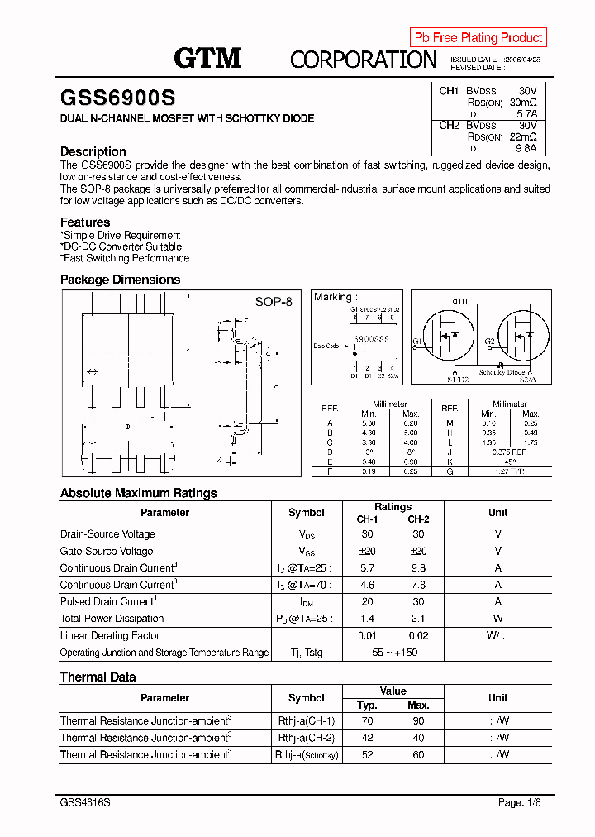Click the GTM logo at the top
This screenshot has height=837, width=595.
click(x=207, y=57)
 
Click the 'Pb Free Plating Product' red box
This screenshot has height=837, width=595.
click(x=478, y=37)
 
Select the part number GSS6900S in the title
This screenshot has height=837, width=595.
click(x=117, y=97)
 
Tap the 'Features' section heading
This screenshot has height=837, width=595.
click(x=85, y=222)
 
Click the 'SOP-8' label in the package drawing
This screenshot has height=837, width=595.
click(x=274, y=302)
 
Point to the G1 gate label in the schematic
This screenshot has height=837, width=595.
click(x=418, y=341)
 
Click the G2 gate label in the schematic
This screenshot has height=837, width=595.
click(x=490, y=341)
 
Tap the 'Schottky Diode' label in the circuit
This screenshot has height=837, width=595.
click(x=502, y=372)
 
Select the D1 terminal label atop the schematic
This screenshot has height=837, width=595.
click(x=463, y=302)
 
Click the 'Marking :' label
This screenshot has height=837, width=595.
click(x=336, y=297)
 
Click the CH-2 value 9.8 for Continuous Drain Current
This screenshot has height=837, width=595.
click(x=418, y=568)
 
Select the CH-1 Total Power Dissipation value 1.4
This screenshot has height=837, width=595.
click(x=367, y=619)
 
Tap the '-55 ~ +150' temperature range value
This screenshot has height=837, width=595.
click(x=393, y=653)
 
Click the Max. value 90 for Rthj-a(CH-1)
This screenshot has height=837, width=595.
click(x=418, y=721)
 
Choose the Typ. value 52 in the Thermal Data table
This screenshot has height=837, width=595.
click(x=367, y=755)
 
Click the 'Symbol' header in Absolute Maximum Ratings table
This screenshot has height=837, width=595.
click(x=306, y=513)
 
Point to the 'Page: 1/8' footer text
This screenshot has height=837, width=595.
click(x=522, y=803)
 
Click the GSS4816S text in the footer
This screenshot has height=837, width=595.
click(x=86, y=803)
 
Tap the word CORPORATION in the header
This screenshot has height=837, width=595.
click(x=363, y=60)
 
